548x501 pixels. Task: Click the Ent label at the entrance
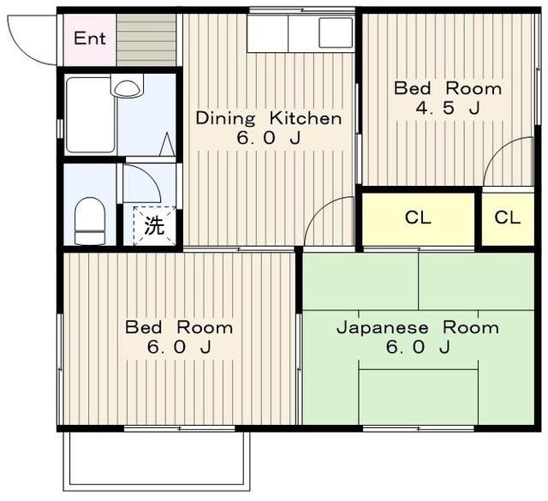[90, 38]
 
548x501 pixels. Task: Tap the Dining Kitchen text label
[268, 118]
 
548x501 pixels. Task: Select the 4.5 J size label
[448, 108]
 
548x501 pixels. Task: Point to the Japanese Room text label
[418, 328]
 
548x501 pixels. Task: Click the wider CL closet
[418, 219]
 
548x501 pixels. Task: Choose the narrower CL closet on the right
[508, 219]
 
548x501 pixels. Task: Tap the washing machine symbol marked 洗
[154, 226]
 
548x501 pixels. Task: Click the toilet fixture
[90, 221]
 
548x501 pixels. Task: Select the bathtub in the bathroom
[91, 115]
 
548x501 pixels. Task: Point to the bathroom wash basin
[128, 86]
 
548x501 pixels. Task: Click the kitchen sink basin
[336, 33]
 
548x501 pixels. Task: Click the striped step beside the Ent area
[146, 40]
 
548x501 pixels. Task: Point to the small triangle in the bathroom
[167, 144]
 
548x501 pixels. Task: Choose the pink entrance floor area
[89, 40]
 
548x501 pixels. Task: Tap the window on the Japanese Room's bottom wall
[419, 428]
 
